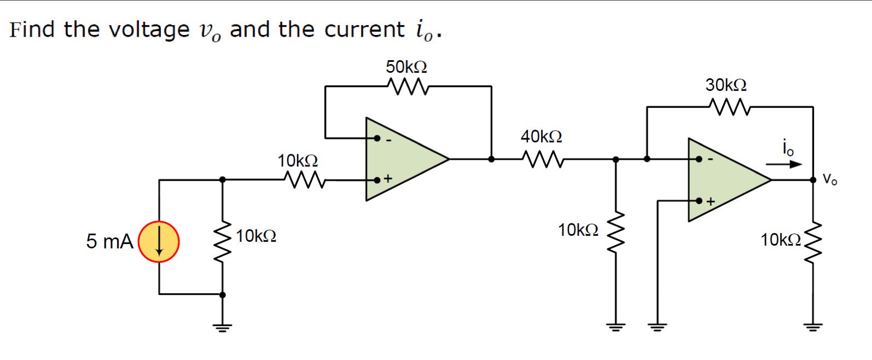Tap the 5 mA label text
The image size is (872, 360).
(109, 241)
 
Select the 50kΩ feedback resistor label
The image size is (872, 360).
(406, 67)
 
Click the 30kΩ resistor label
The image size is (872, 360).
(726, 85)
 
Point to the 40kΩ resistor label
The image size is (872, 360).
(541, 136)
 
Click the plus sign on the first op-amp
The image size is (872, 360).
(388, 179)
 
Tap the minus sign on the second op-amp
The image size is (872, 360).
(710, 160)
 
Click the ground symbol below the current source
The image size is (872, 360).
(222, 328)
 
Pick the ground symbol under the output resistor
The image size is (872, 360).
(813, 328)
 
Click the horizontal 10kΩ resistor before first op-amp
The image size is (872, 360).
(298, 179)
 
